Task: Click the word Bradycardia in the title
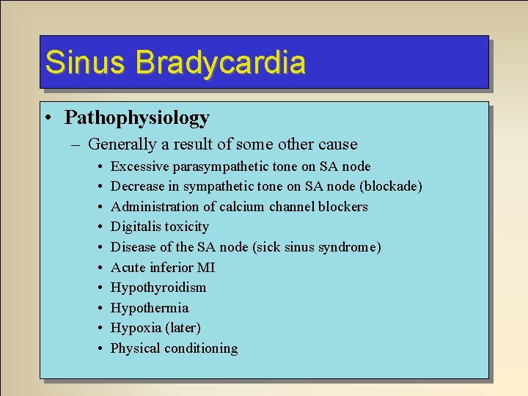[221, 62]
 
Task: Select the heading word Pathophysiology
[137, 117]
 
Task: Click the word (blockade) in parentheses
[392, 186]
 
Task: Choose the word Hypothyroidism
[158, 287]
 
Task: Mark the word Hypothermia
[150, 307]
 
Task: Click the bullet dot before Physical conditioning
[98, 348]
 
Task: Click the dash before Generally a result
[76, 144]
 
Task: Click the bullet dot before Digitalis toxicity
[98, 227]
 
